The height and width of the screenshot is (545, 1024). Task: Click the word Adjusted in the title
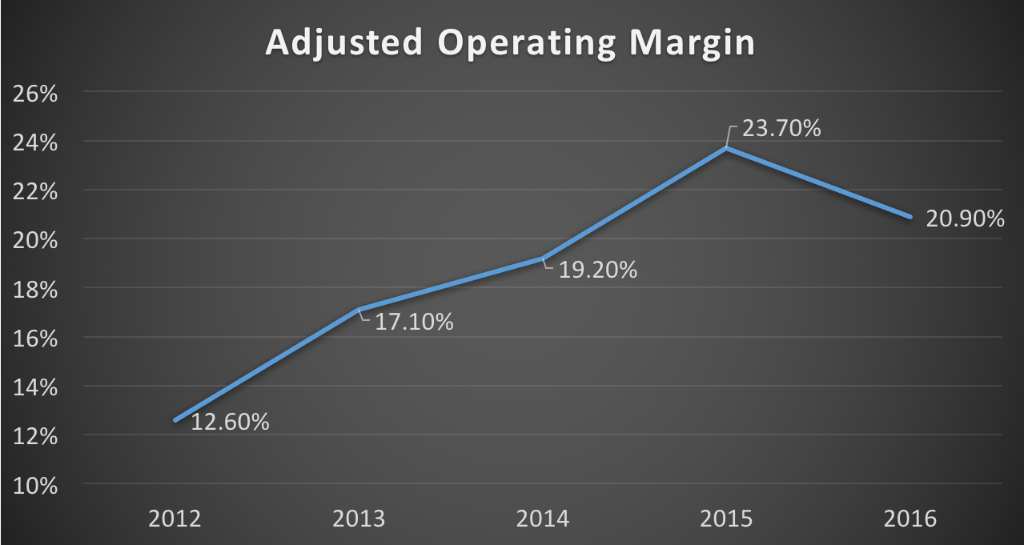(343, 44)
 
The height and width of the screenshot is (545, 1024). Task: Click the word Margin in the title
(694, 44)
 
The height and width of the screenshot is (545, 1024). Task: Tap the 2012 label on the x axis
(175, 519)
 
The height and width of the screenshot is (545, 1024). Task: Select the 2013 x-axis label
(358, 519)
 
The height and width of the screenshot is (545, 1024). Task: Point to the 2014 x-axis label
(542, 519)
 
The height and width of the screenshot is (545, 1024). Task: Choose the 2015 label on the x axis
(726, 519)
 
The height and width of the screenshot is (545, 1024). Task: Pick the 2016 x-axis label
(910, 519)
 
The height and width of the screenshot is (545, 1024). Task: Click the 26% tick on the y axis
(35, 94)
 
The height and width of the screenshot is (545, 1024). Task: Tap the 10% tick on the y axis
(35, 485)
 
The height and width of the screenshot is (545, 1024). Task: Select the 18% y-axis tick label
(35, 290)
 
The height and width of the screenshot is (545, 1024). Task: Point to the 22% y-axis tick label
(35, 192)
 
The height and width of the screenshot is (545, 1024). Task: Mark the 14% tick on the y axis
(35, 387)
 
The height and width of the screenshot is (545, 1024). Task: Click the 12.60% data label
(230, 421)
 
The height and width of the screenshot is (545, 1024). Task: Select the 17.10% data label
(414, 323)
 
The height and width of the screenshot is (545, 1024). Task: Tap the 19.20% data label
(597, 270)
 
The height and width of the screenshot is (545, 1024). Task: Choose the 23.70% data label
(781, 128)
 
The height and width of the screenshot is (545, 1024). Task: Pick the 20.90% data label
(965, 218)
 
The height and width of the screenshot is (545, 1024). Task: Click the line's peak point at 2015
(726, 148)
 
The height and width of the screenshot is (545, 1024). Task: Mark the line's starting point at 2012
(175, 420)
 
